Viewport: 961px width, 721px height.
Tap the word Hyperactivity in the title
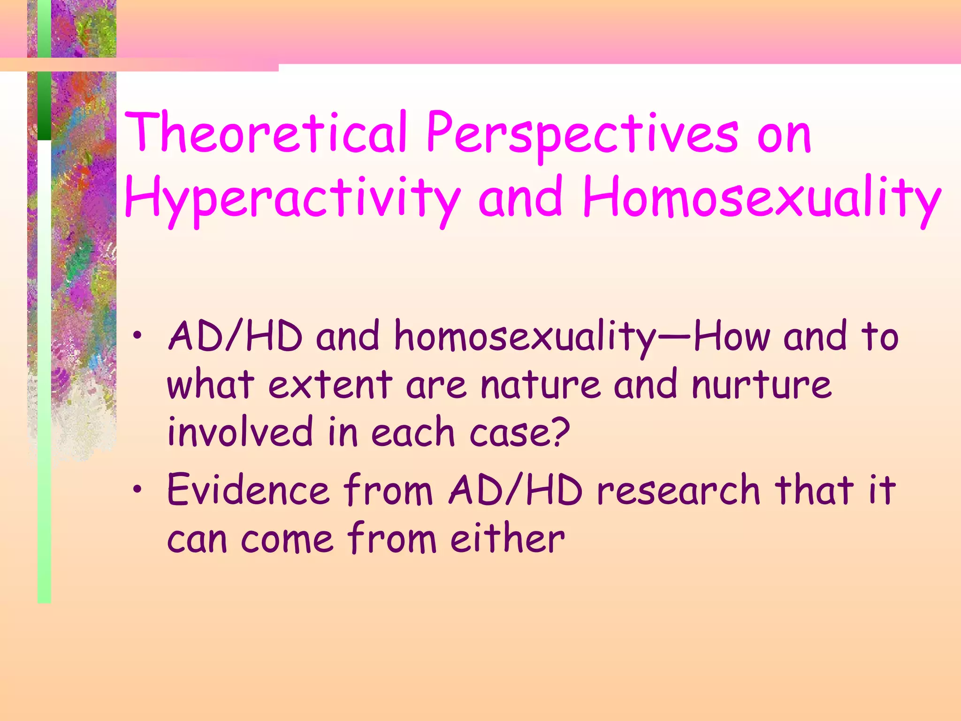pos(292,199)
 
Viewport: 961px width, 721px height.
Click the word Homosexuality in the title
pos(762,199)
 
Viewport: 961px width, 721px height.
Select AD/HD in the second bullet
pos(516,491)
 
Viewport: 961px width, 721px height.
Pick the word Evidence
pos(248,491)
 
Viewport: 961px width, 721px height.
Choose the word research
pos(678,491)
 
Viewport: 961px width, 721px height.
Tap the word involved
pos(240,432)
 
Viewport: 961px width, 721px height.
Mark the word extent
pos(330,385)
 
